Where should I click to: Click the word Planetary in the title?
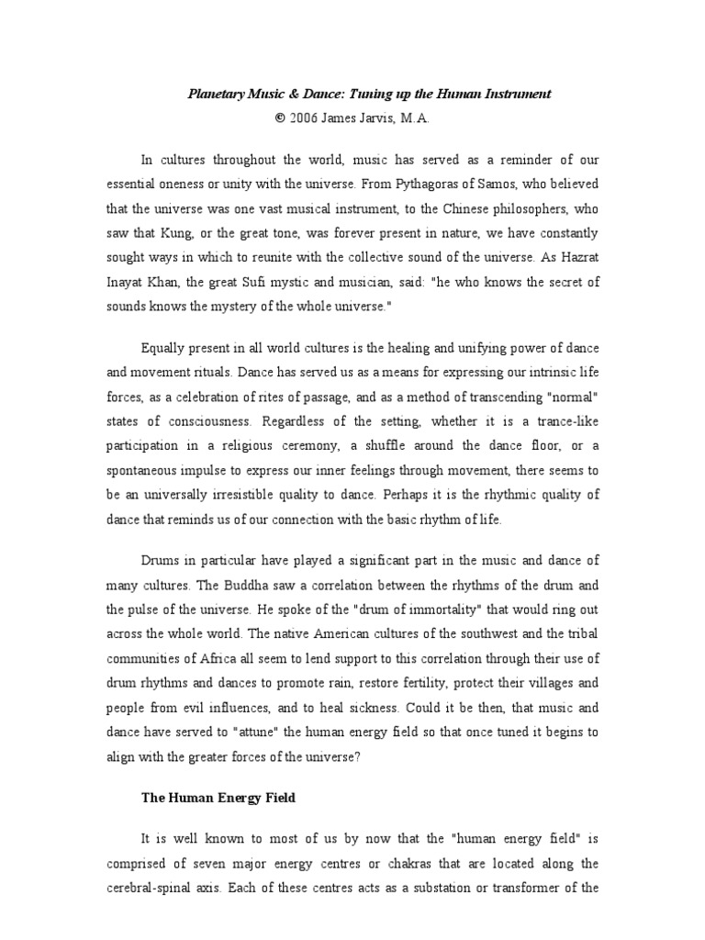click(216, 94)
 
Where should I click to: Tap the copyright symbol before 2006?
click(280, 118)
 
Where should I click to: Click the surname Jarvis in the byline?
click(375, 118)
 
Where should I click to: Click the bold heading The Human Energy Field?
click(218, 798)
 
